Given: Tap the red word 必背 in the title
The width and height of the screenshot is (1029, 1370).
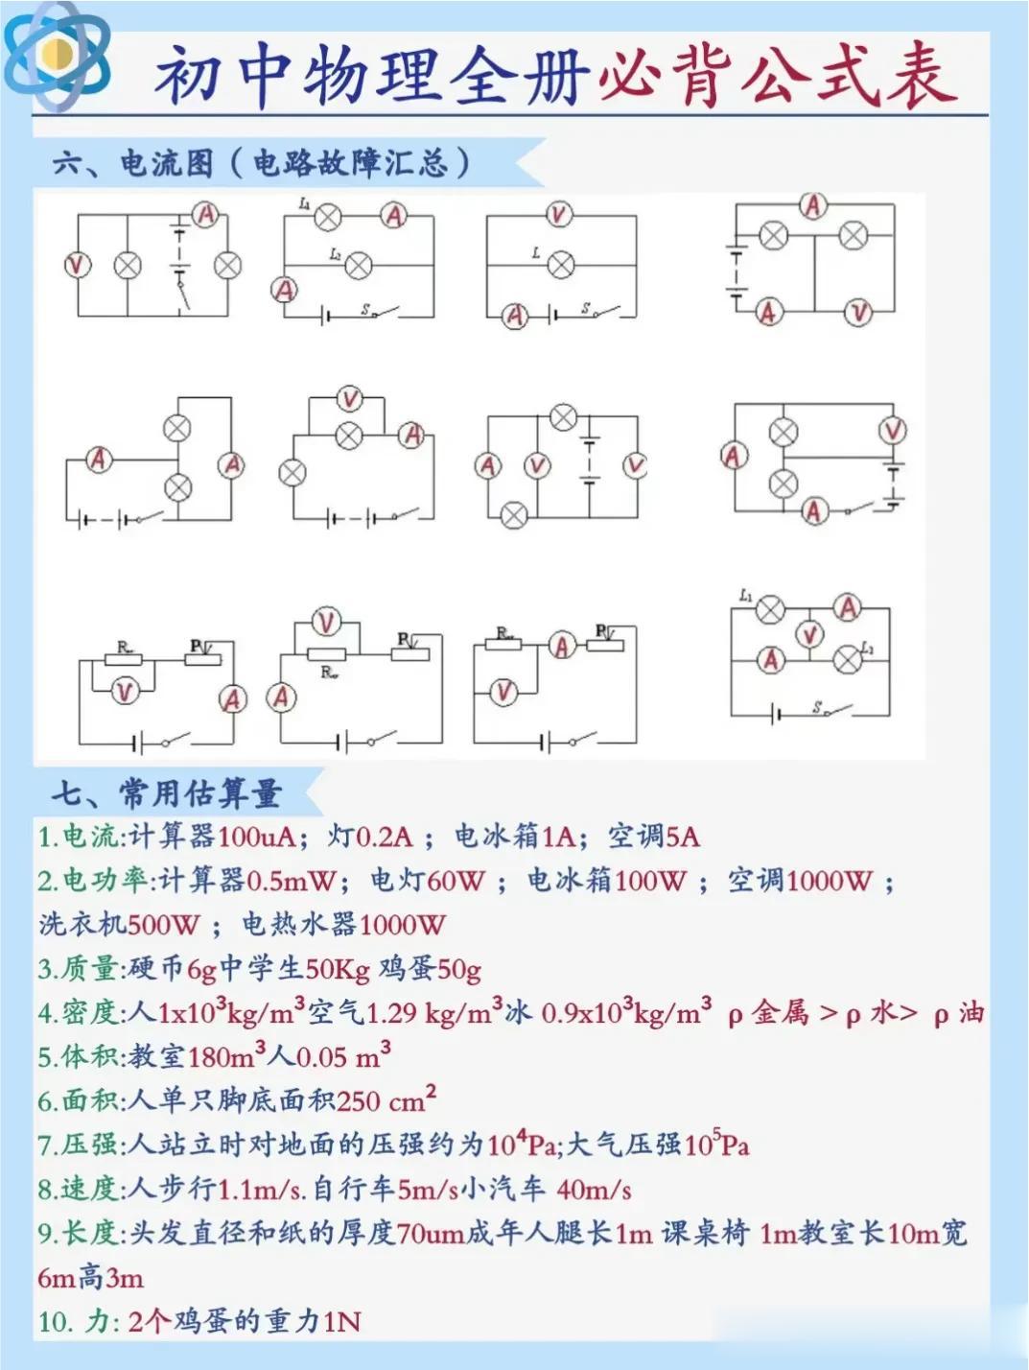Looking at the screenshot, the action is (x=662, y=75).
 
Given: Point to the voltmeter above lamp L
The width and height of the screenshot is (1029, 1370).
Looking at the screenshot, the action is (x=559, y=214).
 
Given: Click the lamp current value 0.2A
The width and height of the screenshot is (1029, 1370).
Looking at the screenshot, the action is (x=384, y=837).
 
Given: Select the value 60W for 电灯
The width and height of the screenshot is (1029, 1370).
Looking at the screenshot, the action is (x=456, y=880).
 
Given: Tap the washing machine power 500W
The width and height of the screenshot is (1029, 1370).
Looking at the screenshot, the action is (x=163, y=924).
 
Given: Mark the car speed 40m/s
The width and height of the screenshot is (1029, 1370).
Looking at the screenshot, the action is (x=594, y=1190).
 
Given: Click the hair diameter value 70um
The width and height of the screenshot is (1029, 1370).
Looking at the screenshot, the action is (x=431, y=1233).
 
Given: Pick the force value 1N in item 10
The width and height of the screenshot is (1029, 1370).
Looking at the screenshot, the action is (x=342, y=1322).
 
